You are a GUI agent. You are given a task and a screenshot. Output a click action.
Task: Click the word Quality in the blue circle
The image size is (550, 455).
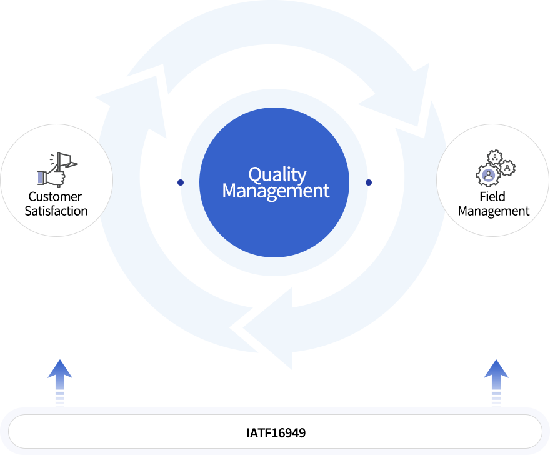click(x=277, y=175)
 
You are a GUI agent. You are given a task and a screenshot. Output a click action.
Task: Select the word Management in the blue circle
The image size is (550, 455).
click(x=276, y=191)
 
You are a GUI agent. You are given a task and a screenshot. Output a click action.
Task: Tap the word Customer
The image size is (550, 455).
click(x=55, y=196)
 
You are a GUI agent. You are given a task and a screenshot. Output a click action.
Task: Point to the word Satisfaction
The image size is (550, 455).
click(x=56, y=211)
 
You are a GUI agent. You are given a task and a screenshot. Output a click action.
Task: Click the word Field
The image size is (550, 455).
click(x=492, y=196)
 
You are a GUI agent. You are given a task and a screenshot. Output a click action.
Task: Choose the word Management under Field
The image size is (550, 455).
click(x=493, y=211)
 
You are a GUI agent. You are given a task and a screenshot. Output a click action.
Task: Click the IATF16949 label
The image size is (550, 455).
click(x=276, y=432)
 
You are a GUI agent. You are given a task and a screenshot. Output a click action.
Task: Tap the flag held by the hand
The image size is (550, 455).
click(x=66, y=160)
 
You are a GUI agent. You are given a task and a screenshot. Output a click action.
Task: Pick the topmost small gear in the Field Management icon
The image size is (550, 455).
click(x=495, y=156)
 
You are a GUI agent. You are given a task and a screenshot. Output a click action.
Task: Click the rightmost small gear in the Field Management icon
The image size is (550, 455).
click(x=509, y=167)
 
